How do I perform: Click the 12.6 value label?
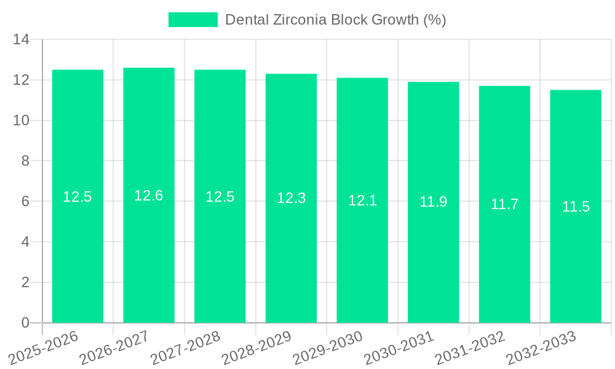[x=149, y=196]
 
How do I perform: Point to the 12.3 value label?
[x=291, y=198]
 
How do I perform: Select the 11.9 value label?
[x=434, y=202]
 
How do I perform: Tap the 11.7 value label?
[x=504, y=204]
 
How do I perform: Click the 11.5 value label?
[x=576, y=207]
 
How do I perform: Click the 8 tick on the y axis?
[x=25, y=161]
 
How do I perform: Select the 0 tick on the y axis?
[x=25, y=323]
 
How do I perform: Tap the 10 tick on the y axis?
[x=22, y=121]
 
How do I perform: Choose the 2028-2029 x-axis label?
[x=256, y=347]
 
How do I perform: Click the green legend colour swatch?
[x=193, y=20]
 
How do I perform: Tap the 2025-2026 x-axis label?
[x=44, y=347]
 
